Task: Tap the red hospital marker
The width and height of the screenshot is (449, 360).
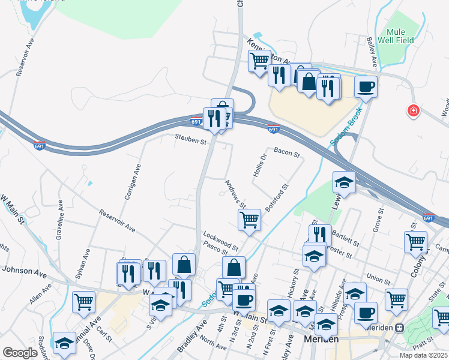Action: click(413, 111)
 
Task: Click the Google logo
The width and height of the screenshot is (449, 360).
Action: click(20, 353)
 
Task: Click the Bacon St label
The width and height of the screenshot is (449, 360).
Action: click(287, 154)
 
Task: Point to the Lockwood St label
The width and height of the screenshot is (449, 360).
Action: click(221, 240)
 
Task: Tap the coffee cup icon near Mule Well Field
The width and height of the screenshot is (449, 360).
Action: click(366, 87)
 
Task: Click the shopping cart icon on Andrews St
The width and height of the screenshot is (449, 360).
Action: click(249, 219)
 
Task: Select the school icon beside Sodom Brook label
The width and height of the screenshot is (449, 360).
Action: click(344, 182)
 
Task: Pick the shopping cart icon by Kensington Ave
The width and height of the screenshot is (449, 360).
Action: click(259, 60)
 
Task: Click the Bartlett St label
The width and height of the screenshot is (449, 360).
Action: click(345, 239)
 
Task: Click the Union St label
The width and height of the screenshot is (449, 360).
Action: click(378, 280)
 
